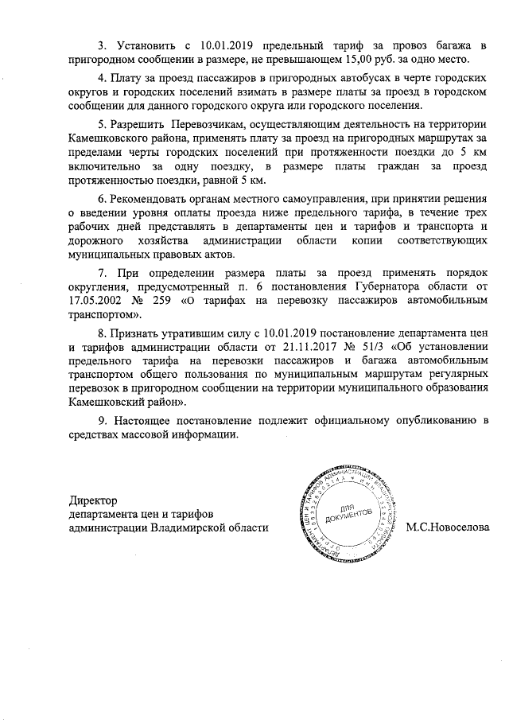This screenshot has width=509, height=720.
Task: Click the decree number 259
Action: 179,302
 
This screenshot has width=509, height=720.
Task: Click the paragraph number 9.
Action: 101,420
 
